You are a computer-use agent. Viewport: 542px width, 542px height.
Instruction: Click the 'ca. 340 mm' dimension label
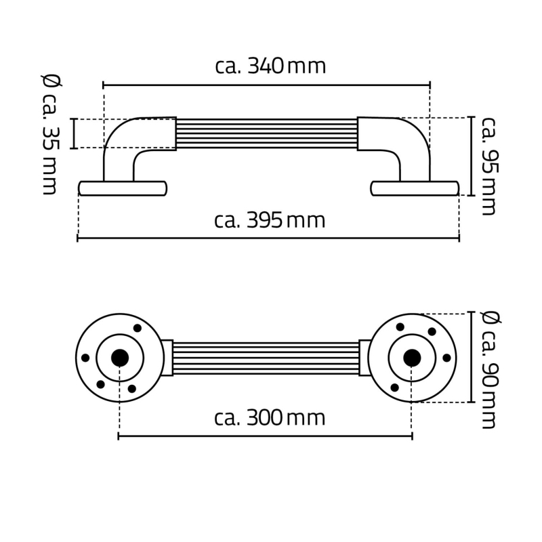pos(270,66)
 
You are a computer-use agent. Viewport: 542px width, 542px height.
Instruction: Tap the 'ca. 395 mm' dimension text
pos(270,221)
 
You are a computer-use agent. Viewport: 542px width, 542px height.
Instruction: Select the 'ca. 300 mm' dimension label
pos(270,418)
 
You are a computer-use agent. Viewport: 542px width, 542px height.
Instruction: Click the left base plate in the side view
pos(123,188)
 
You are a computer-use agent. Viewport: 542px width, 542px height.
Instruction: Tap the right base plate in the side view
pos(415,188)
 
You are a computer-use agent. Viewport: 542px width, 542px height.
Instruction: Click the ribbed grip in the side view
pos(267,134)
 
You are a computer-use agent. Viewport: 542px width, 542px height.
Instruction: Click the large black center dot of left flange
pos(120,358)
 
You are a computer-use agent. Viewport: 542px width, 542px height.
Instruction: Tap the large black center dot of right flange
pos(411,357)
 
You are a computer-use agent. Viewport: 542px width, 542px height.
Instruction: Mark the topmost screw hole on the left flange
pos(138,328)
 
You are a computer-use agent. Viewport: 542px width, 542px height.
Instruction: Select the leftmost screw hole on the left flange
pos(85,358)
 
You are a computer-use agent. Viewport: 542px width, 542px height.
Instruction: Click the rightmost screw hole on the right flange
pos(446,358)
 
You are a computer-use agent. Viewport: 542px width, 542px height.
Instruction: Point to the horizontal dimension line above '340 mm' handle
pos(267,85)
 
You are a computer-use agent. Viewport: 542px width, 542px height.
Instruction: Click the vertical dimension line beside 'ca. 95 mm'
pos(470,156)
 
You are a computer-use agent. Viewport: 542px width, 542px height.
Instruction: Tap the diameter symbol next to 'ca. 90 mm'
pos(491,318)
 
